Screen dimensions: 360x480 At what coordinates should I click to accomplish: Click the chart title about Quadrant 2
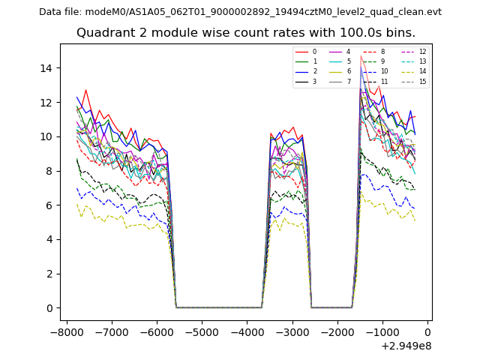point(246,33)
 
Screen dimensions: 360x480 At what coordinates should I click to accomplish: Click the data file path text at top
point(240,12)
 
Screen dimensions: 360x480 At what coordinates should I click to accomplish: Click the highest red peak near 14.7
point(361,56)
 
